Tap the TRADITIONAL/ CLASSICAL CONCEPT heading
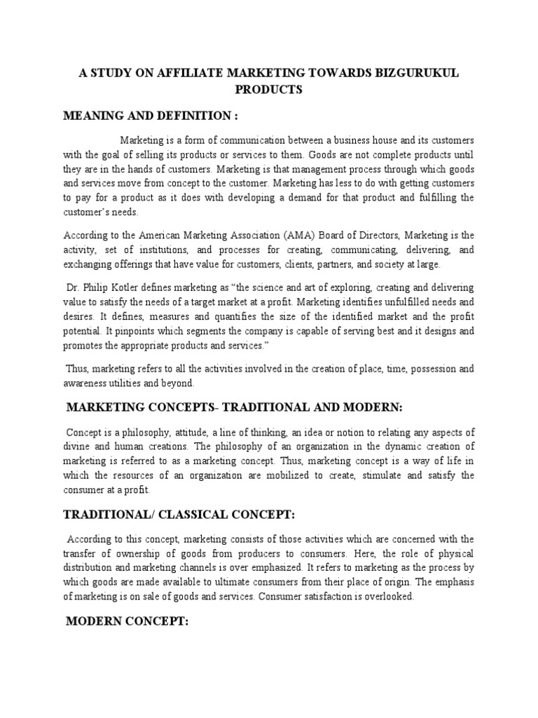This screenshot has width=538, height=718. point(180,515)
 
